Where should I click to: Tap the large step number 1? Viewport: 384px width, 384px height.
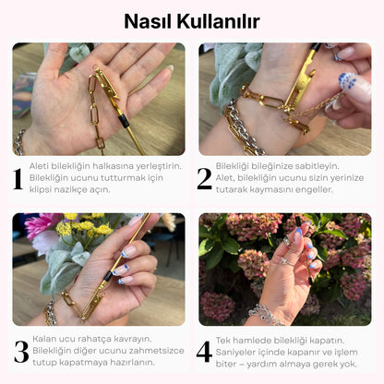pyautogui.click(x=18, y=178)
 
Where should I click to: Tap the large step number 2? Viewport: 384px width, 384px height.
pyautogui.click(x=205, y=178)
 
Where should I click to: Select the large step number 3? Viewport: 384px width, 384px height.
pyautogui.click(x=19, y=352)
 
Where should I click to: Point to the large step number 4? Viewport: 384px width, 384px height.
pyautogui.click(x=205, y=352)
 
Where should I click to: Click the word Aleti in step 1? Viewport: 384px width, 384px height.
pyautogui.click(x=41, y=166)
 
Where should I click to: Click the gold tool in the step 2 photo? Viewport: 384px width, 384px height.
pyautogui.click(x=305, y=92)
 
